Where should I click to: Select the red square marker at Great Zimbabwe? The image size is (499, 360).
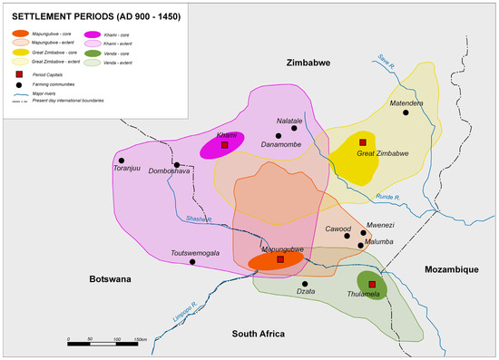coord(362,143)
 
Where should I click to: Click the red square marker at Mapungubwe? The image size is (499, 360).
coord(279,259)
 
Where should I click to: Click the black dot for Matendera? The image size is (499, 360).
coord(406,113)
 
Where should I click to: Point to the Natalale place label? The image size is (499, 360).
coord(289,120)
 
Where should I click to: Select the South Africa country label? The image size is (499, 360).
coord(260,333)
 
